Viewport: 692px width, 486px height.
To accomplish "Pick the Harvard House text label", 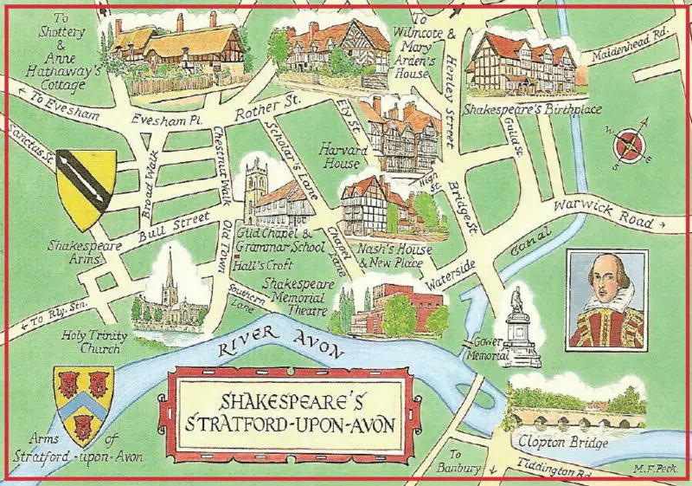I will pyautogui.click(x=344, y=156).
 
